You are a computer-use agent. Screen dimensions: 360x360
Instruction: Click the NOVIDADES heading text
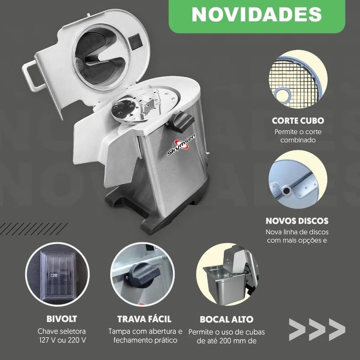[x=256, y=14]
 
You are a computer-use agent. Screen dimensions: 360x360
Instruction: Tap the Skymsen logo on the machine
[x=181, y=145]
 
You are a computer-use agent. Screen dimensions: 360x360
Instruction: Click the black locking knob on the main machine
[x=183, y=121]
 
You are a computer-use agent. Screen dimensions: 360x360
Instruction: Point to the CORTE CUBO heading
[x=298, y=121]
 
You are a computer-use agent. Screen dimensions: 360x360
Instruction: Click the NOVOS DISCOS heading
[x=297, y=221]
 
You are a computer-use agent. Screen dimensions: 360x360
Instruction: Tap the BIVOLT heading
[x=62, y=319]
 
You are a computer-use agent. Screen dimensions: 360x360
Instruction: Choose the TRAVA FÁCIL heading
[x=144, y=319]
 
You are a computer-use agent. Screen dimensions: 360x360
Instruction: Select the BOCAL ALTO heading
[x=226, y=319]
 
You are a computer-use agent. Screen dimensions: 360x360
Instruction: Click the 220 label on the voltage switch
[x=54, y=275]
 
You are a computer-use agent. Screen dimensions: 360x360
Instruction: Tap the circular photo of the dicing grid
[x=298, y=79]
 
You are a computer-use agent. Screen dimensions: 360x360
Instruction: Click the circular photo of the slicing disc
[x=298, y=179]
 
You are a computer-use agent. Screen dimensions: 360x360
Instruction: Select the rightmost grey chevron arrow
[x=337, y=329]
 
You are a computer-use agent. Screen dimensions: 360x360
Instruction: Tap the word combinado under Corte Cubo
[x=298, y=140]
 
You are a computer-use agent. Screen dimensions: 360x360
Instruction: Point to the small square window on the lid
[x=135, y=41]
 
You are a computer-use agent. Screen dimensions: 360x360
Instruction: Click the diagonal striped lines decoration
[x=33, y=229]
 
